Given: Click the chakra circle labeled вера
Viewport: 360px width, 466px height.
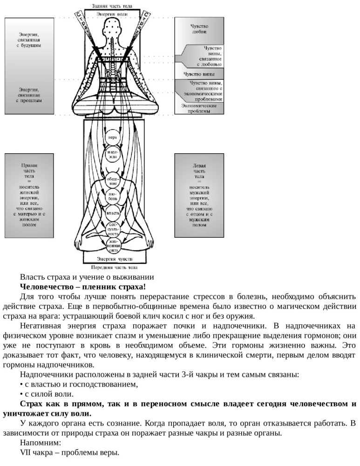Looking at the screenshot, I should tap(113, 138).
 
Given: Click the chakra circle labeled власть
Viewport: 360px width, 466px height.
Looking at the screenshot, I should tap(113, 214).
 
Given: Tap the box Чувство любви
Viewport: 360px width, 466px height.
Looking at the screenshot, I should tap(199, 29).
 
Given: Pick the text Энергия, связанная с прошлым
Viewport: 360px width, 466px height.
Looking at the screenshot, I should tap(29, 95).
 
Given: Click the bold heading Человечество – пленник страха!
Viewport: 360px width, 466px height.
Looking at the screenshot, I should tap(83, 286).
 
